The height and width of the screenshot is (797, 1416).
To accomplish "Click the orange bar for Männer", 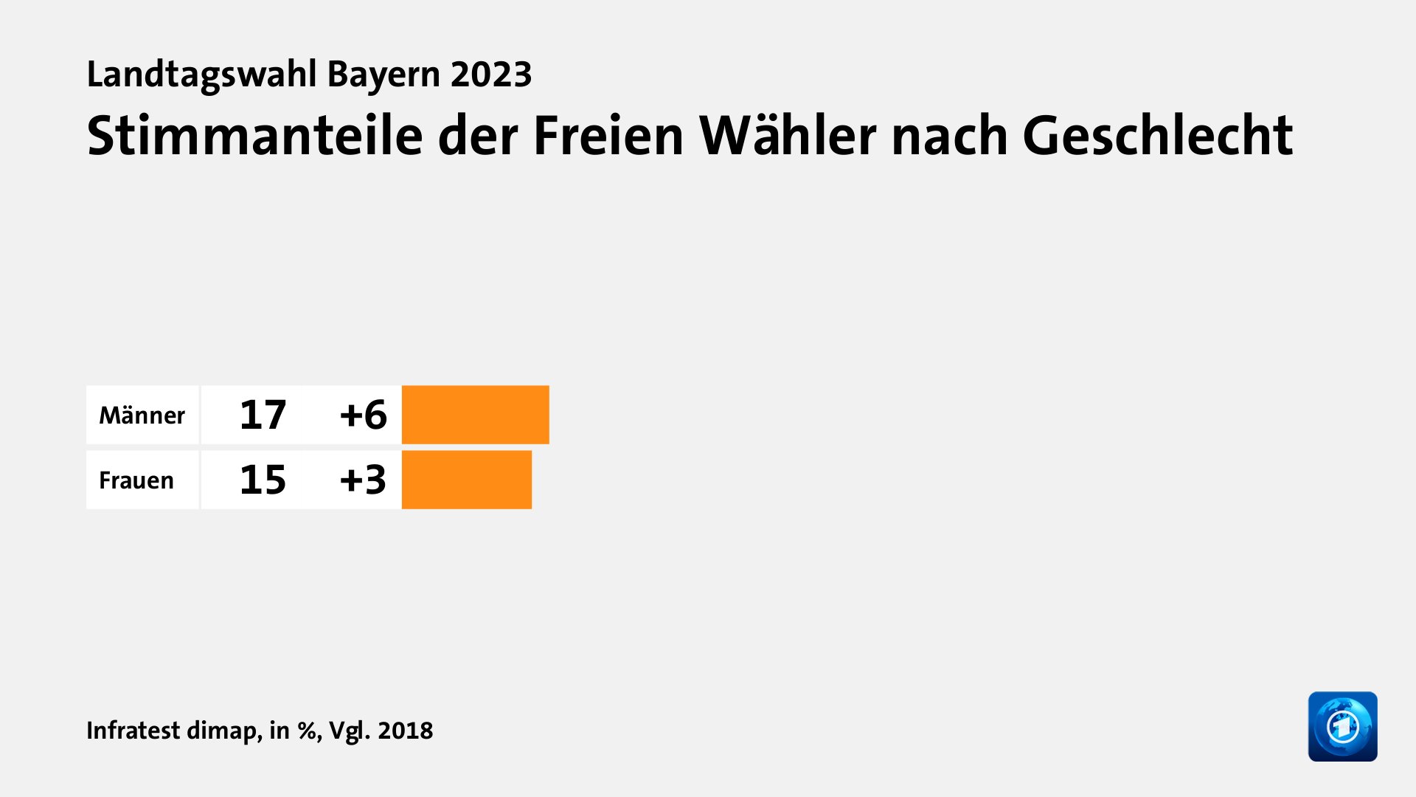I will point(475,415).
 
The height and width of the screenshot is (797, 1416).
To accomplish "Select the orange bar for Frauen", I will point(466,480).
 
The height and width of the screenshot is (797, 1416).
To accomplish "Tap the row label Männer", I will point(142,415).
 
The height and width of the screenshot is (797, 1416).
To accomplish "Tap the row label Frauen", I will point(136,480).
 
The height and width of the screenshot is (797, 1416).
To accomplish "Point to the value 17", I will point(263,415).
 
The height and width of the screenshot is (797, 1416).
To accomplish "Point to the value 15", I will point(263,480).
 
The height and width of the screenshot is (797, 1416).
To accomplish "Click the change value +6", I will point(363,415).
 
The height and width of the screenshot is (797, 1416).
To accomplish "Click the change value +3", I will point(363,480).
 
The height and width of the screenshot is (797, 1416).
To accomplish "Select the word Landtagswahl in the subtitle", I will point(201,75).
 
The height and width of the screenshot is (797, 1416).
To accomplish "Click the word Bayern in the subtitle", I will point(383,75).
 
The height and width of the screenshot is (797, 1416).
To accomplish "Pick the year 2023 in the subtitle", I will point(491,75).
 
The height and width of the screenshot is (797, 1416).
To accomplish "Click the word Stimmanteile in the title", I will point(254,137).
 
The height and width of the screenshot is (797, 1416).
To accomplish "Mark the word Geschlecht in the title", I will point(1157,137).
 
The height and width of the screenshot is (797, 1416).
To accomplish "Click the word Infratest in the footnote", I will point(133,731).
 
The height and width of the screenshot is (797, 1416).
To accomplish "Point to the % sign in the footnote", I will point(307,731).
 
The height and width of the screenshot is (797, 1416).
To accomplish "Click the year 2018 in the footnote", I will point(405,731).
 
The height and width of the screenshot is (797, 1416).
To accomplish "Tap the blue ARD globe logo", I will point(1342,726).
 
